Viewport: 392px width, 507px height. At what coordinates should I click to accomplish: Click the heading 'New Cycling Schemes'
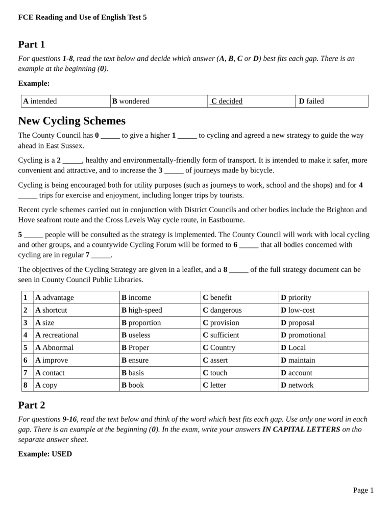71,121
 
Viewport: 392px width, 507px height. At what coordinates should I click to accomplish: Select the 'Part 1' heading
32,44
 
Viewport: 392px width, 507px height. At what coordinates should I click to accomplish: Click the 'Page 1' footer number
363,490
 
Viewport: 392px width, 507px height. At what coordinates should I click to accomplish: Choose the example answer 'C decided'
227,101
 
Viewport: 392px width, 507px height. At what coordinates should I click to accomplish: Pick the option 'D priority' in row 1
296,297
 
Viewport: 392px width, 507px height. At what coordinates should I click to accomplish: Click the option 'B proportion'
141,322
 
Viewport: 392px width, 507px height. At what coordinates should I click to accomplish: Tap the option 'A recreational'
57,335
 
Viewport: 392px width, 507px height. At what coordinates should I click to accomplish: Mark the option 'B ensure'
135,360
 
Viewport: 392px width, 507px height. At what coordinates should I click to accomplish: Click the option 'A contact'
50,373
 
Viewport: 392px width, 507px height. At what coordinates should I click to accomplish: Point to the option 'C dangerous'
222,310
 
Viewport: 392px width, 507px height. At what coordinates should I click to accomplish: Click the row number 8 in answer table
25,385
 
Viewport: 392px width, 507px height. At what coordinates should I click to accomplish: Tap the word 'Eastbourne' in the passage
225,220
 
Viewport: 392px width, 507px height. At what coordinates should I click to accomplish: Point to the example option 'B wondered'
131,101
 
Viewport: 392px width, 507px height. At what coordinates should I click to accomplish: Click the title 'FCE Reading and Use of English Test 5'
82,17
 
